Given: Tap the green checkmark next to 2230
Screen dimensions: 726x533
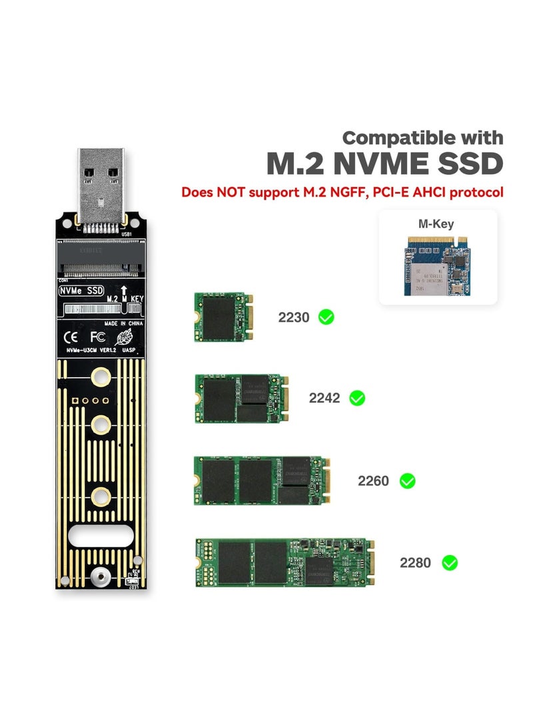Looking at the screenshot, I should (326, 317).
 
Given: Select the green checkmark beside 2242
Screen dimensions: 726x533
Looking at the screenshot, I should (357, 398).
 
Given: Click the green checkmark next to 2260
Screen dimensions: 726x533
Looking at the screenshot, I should (407, 480).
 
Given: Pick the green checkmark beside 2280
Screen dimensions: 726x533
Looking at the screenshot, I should (450, 563).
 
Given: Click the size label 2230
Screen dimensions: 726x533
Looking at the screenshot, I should (294, 317).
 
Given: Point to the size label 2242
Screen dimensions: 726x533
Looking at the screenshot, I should (324, 399).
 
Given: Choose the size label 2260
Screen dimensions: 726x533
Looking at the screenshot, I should (373, 481).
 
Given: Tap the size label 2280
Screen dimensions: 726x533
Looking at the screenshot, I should (415, 563).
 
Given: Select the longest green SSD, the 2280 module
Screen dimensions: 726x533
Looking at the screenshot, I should (284, 563).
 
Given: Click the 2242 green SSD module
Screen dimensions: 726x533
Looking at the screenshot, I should (241, 399).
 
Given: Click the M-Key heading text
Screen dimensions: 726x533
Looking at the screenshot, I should (436, 224).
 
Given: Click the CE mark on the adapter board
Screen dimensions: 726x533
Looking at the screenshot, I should (70, 337).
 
